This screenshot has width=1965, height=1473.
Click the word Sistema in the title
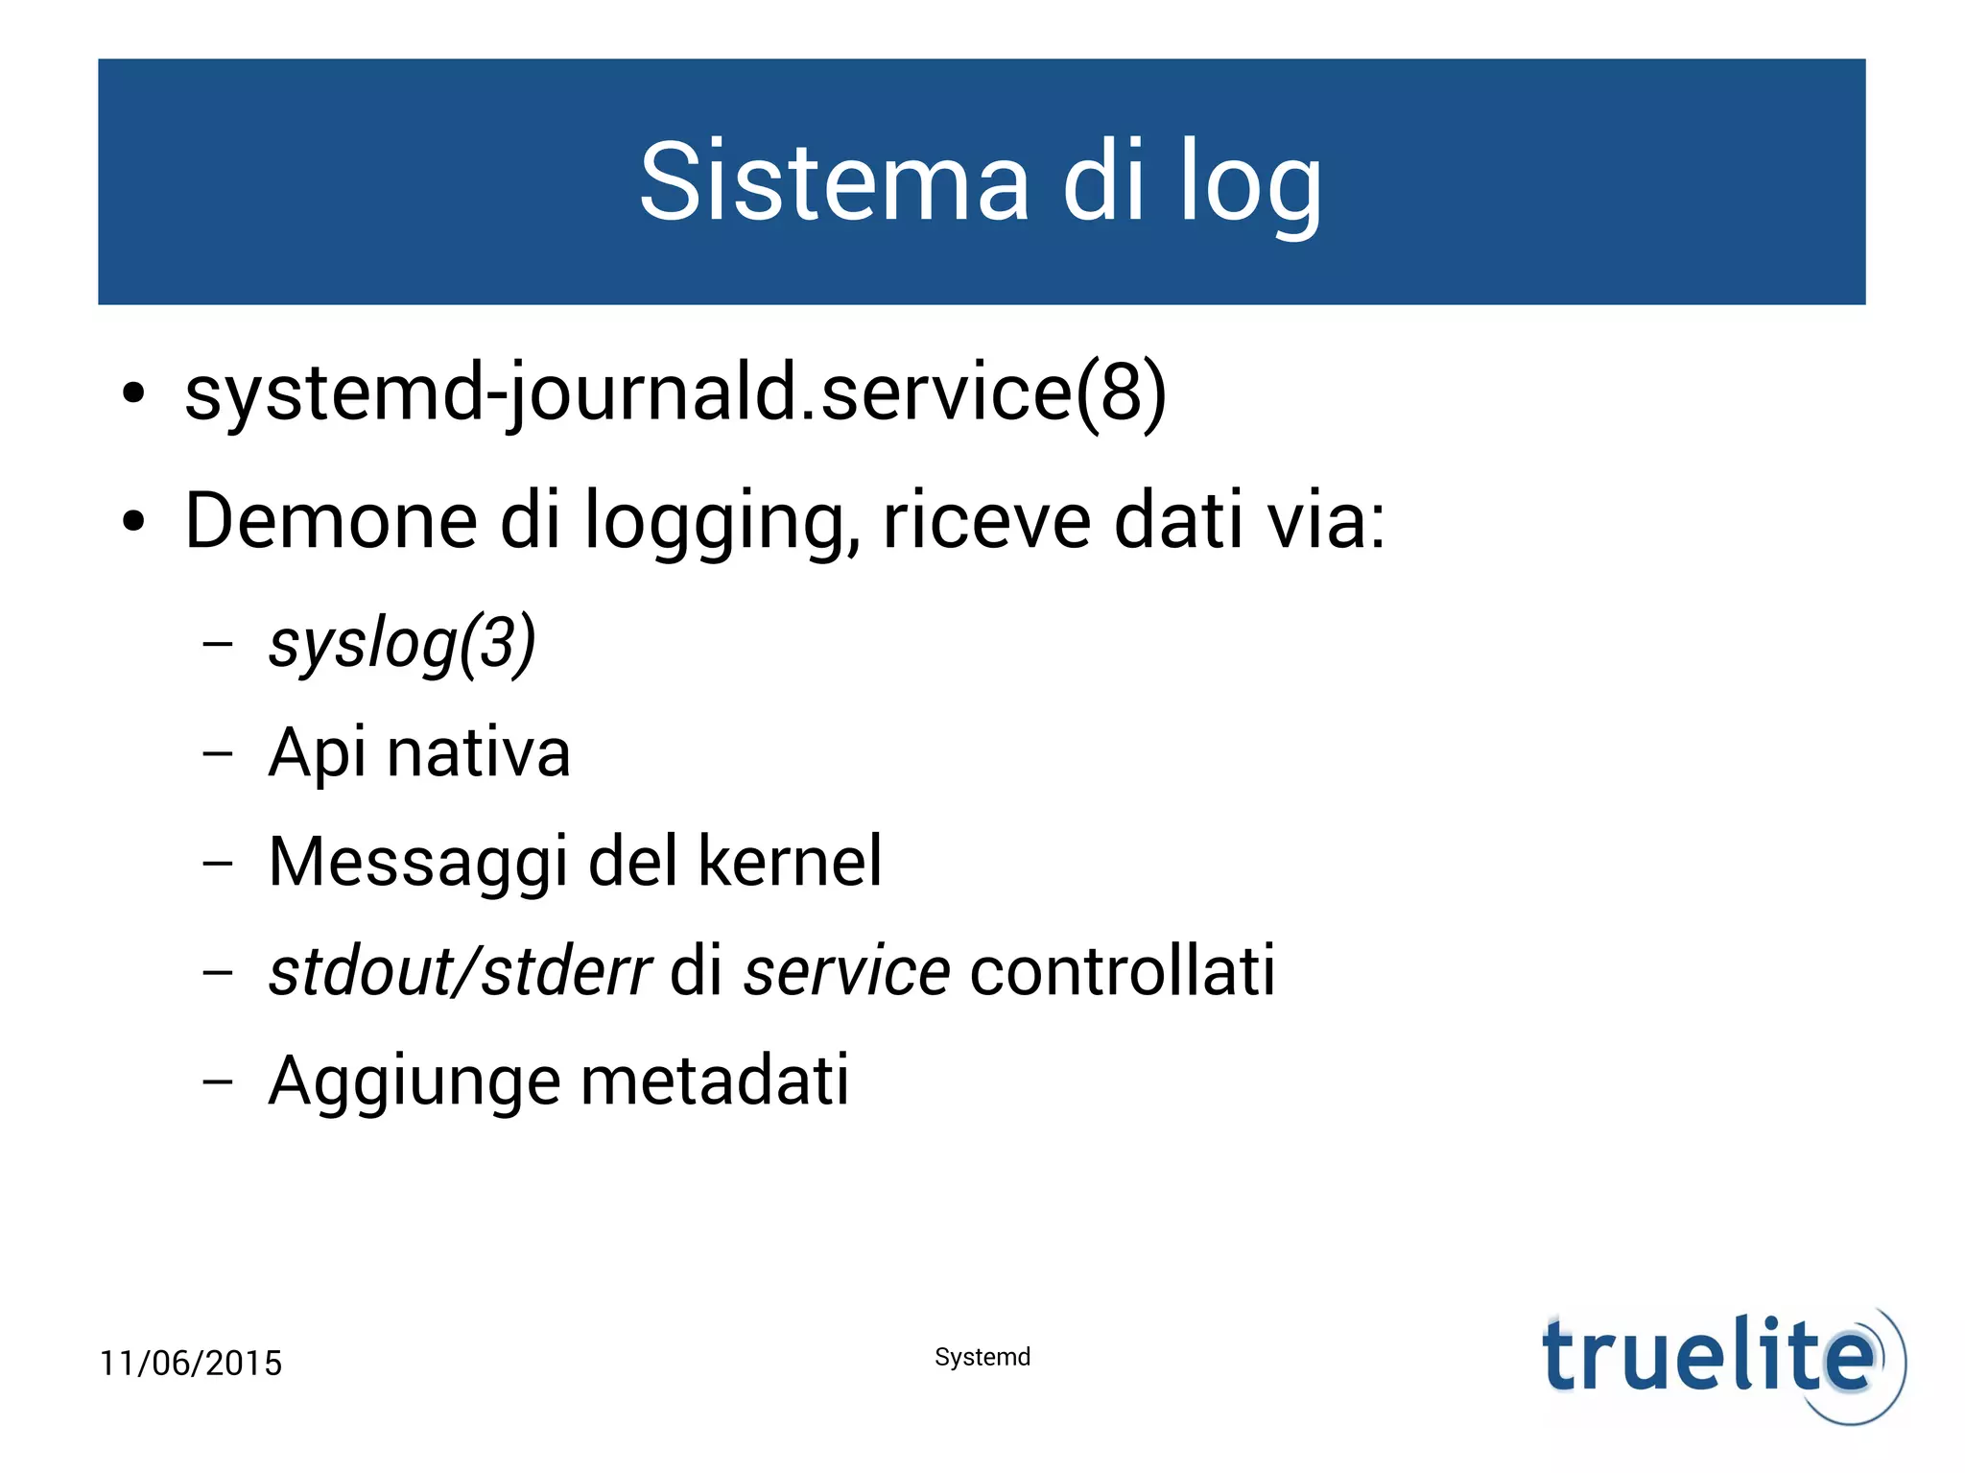(x=834, y=181)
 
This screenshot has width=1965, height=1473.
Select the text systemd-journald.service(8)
(x=675, y=392)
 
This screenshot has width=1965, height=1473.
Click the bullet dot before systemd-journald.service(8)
(x=133, y=393)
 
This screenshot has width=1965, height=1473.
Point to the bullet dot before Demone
(x=133, y=522)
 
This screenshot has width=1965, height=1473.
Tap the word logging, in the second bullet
(x=722, y=522)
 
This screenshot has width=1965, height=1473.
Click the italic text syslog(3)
(x=402, y=644)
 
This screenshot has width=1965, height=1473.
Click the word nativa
(x=479, y=752)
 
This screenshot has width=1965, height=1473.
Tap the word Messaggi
(x=417, y=862)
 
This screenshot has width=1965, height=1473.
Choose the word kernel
(x=790, y=861)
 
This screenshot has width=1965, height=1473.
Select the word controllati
(x=1123, y=971)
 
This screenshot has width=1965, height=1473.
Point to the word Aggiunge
(x=415, y=1081)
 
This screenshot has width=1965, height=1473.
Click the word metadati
(x=715, y=1081)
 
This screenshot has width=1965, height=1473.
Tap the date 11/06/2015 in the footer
(x=191, y=1363)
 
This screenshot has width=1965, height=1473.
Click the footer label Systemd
(x=982, y=1357)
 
